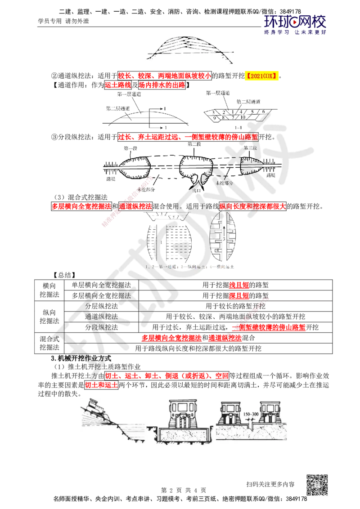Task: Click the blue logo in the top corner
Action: tap(295, 25)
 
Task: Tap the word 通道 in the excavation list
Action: tap(93, 317)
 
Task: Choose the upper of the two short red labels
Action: tap(238, 285)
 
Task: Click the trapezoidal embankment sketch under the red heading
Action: tap(148, 115)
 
